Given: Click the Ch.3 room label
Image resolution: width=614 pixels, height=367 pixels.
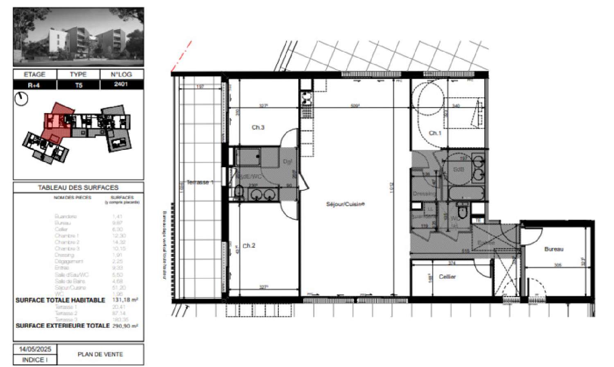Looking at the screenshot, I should point(258,128).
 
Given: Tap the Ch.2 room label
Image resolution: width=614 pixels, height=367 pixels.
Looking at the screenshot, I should point(249,246).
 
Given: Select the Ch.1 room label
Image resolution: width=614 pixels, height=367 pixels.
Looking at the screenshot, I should point(435,133).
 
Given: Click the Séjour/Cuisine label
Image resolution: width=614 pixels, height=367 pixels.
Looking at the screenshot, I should point(345,204).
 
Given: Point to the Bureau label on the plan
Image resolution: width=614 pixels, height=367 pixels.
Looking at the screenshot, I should point(554,249).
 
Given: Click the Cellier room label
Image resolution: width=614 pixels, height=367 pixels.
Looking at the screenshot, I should point(447,277).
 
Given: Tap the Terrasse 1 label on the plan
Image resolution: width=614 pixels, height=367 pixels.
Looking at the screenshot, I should point(200,182).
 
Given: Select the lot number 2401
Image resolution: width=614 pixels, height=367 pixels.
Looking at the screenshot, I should point(121,84).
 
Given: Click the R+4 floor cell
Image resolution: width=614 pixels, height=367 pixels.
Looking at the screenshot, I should point(34,85).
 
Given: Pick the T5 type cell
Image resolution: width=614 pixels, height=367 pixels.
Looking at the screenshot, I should point(78,85).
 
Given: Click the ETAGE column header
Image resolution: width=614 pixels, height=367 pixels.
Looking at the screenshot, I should point(34,74).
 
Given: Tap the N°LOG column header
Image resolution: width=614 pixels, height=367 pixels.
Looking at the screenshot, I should point(121,74).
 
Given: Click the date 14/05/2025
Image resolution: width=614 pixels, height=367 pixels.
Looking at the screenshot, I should point(35,349).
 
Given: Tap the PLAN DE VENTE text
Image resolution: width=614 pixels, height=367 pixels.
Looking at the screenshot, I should point(100,354).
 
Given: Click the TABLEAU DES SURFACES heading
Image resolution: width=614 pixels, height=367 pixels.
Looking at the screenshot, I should point(78,188).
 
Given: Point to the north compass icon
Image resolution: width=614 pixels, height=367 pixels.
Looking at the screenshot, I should point(21,99).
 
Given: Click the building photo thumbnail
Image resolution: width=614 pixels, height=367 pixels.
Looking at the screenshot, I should point(78,37).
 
